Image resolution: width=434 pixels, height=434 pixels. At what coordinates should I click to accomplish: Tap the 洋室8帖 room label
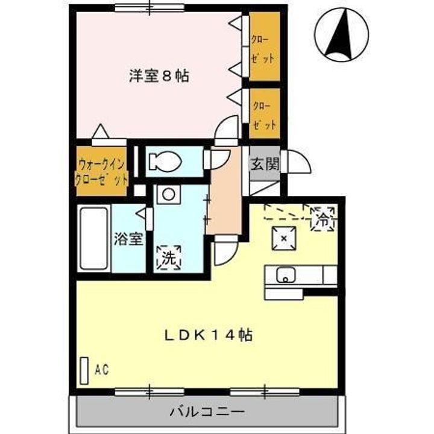[x=159, y=76]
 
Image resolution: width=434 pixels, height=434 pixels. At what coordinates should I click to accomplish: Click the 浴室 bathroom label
[x=128, y=239]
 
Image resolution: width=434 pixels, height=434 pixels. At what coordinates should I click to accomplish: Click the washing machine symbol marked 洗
[x=169, y=258]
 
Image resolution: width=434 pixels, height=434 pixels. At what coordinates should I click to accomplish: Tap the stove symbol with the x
[x=283, y=239]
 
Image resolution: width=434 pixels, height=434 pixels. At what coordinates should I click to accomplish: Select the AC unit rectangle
[x=85, y=369]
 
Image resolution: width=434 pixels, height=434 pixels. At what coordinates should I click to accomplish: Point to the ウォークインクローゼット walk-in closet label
[x=101, y=172]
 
